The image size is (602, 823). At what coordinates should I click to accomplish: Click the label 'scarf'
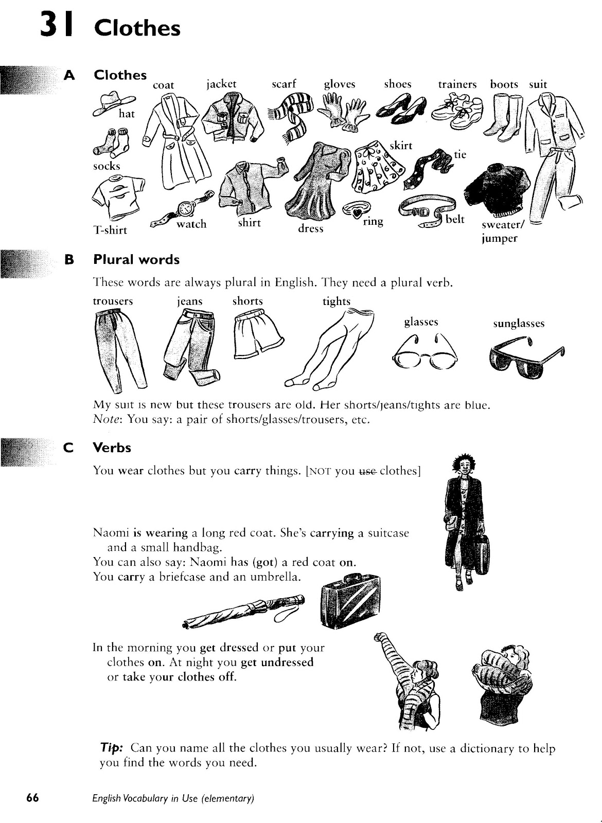284,84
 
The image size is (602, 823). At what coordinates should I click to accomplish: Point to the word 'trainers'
457,84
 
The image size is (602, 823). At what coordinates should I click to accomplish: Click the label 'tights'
336,301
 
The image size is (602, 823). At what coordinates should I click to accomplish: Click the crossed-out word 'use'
367,471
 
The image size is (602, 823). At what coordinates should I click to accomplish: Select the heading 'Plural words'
136,260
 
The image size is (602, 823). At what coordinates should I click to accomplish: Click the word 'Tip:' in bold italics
111,748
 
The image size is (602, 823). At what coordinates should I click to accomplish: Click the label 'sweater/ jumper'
500,231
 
